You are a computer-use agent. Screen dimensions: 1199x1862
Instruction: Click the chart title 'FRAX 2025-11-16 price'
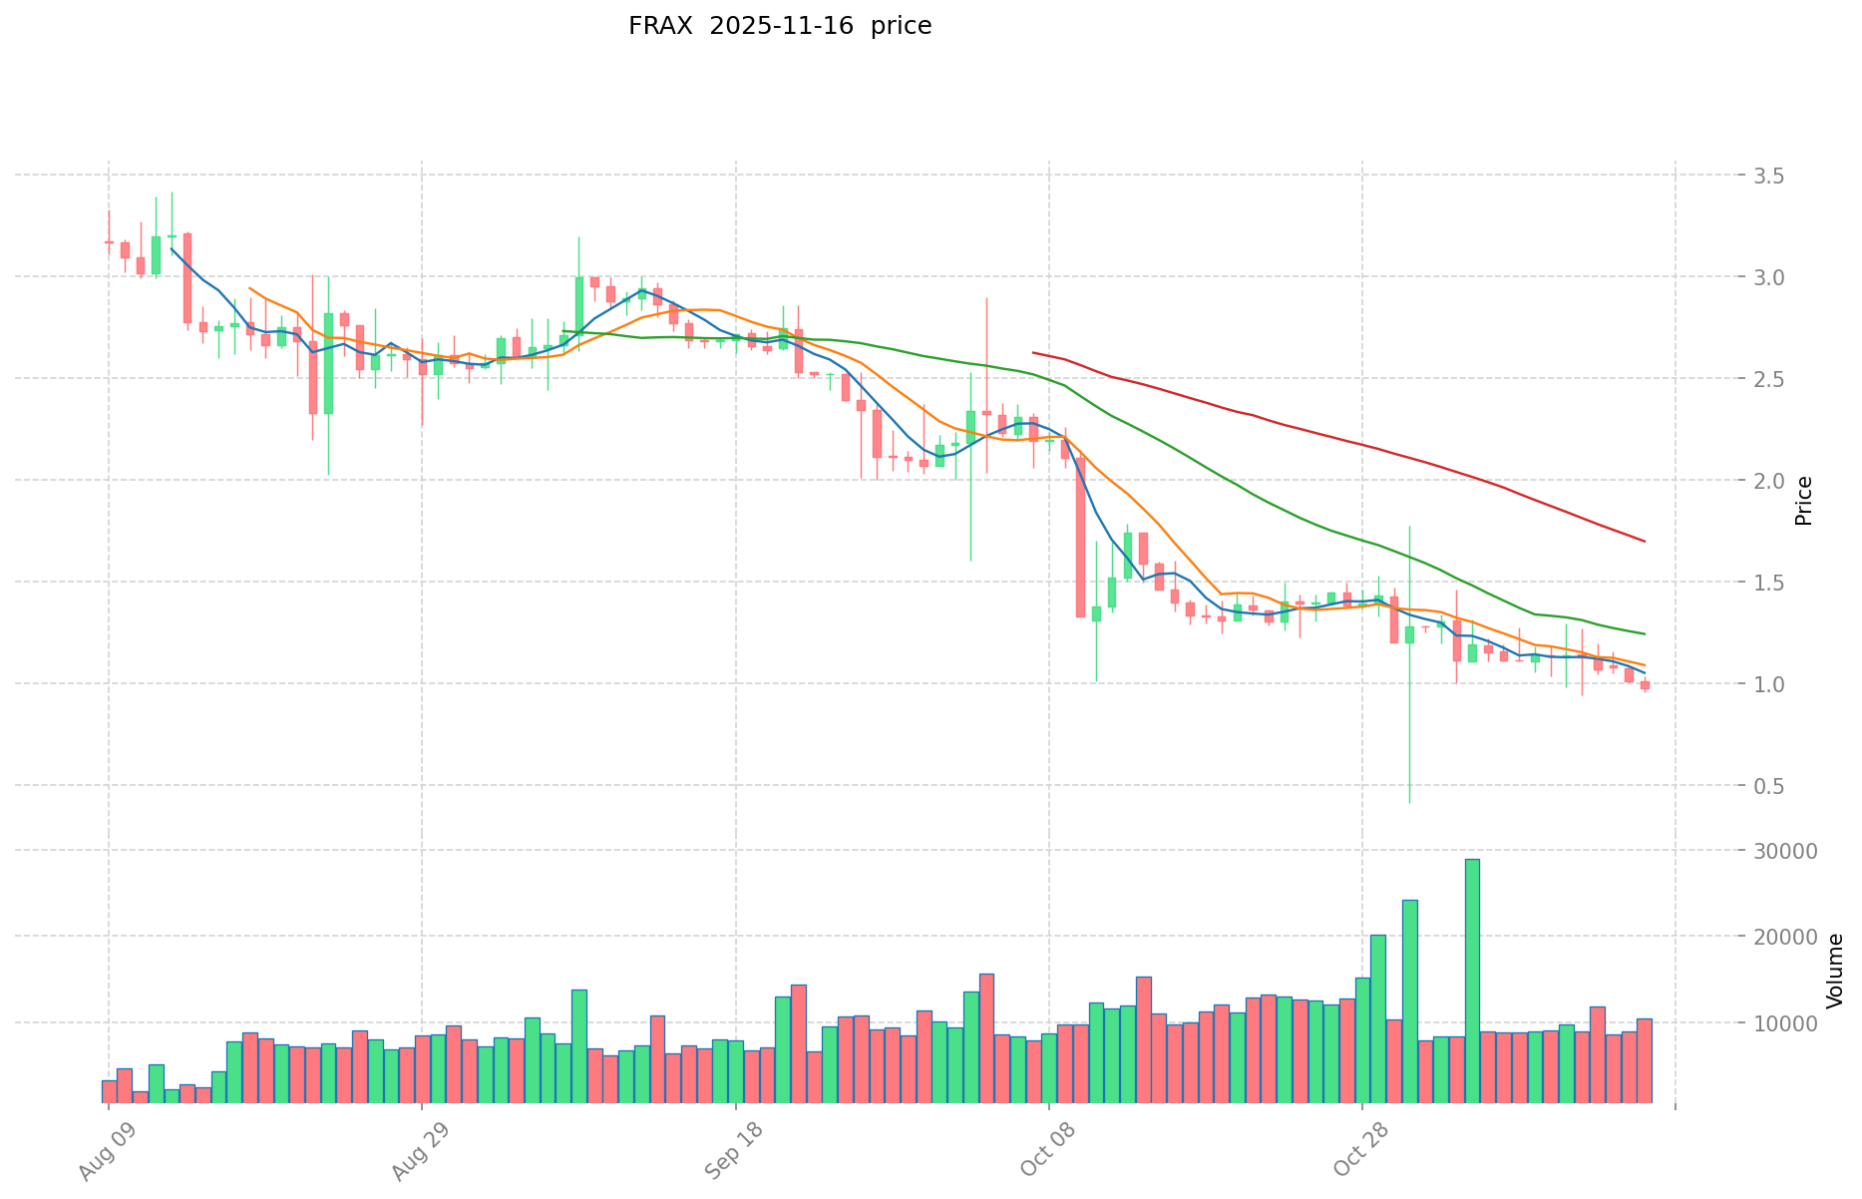coord(779,26)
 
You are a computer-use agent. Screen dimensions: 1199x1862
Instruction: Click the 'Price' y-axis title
coord(1803,501)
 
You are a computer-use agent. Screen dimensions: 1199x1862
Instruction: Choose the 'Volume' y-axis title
coord(1834,971)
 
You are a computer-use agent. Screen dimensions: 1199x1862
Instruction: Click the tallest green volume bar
coord(1472,983)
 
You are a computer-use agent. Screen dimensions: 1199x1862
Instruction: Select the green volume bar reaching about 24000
coord(1409,1002)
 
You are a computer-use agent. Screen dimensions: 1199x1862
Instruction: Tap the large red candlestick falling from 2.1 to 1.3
coord(1080,538)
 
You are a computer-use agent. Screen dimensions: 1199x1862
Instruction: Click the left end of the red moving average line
coord(1033,352)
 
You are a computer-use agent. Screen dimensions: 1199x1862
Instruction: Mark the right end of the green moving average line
coord(1645,634)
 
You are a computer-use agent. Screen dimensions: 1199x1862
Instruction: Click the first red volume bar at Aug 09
coord(109,1092)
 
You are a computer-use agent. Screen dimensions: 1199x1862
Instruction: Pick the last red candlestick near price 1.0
coord(1645,685)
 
